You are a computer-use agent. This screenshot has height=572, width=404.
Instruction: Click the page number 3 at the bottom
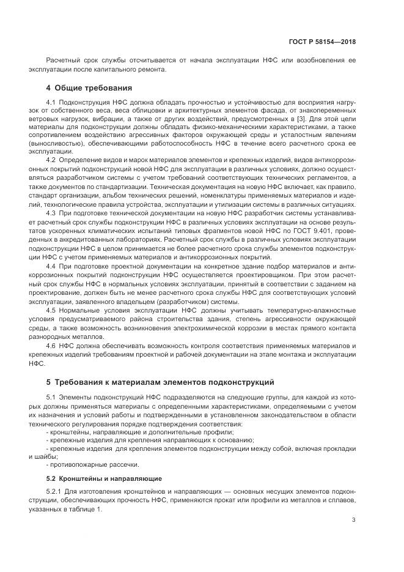tap(354, 521)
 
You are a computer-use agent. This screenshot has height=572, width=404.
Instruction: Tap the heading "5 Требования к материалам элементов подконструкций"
tap(160, 382)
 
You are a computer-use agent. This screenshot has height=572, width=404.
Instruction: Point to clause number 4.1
tap(51, 102)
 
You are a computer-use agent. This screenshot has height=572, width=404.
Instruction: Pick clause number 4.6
tap(51, 346)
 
